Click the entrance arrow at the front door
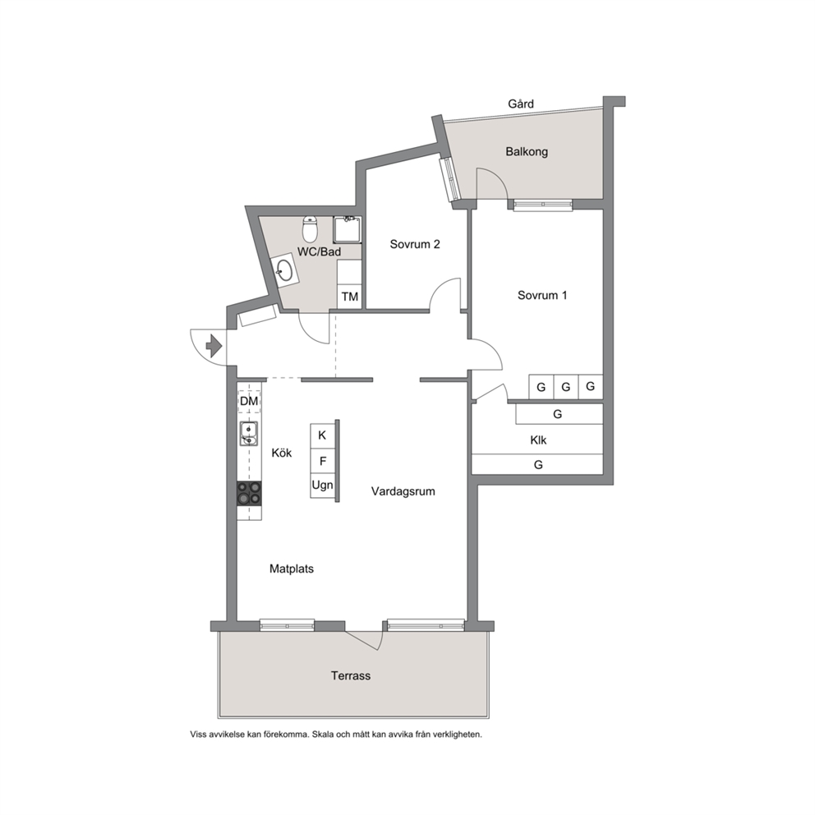[214, 346]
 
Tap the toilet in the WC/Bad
[311, 229]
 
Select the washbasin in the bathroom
[283, 269]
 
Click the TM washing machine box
[349, 297]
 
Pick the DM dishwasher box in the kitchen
[249, 401]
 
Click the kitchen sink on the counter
[249, 434]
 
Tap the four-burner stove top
[249, 493]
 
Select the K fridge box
[322, 435]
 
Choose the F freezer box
[322, 461]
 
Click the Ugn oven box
[322, 486]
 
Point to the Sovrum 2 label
[415, 244]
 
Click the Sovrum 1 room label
[542, 295]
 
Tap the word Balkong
[527, 152]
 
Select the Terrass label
[351, 675]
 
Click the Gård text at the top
[521, 104]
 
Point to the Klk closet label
[538, 440]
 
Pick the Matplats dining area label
[292, 569]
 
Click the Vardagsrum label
[403, 491]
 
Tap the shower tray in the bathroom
[348, 230]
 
